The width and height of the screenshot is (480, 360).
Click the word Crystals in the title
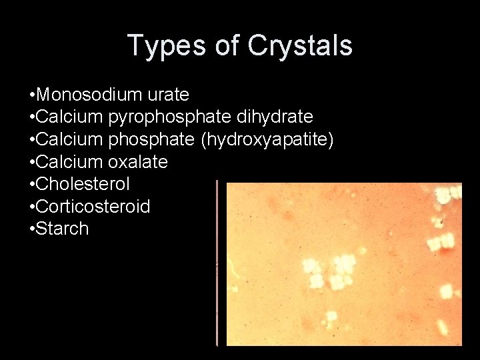pos(299,46)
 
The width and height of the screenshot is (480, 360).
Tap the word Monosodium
pos(86,95)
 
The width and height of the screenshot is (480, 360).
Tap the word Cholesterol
pos(83,184)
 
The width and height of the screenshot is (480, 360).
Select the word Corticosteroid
pos(93,206)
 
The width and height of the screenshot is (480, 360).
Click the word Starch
pos(62,229)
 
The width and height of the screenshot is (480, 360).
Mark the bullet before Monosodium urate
pos(32,95)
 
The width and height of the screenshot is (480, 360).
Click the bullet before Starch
pos(32,229)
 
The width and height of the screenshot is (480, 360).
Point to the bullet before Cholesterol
pos(32,185)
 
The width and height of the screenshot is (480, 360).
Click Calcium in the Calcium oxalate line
pos(69,162)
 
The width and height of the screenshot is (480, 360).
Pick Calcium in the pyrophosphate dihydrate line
pos(69,117)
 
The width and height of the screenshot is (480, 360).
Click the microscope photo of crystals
pos(343,264)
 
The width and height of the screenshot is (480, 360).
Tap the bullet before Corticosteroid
pos(32,207)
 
